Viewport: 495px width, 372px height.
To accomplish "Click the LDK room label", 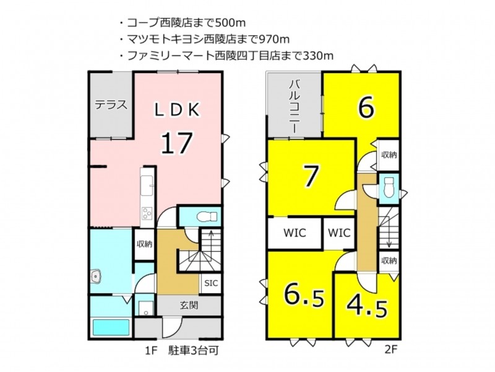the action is [x=177, y=110].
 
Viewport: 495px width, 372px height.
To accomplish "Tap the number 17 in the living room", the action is [x=177, y=143].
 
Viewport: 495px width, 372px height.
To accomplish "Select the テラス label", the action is [x=111, y=104].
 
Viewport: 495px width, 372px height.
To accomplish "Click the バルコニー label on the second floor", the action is [x=295, y=107].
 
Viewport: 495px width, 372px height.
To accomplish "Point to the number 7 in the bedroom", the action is [x=310, y=176].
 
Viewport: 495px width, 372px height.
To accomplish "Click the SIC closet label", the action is [x=211, y=283].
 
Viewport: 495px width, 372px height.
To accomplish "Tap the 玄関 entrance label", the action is [x=189, y=305].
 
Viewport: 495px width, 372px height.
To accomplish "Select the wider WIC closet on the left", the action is [x=295, y=233].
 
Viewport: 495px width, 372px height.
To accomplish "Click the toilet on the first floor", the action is [x=207, y=217].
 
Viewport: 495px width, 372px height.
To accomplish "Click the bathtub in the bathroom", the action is [x=111, y=328].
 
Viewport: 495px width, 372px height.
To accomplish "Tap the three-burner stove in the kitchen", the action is [x=147, y=213].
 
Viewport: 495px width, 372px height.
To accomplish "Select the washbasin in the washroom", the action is [x=95, y=276].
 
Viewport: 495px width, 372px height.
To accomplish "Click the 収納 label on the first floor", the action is [x=144, y=244].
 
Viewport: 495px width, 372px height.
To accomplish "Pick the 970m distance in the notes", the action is [x=273, y=39].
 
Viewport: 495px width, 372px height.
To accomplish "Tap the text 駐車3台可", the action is [x=194, y=350].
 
